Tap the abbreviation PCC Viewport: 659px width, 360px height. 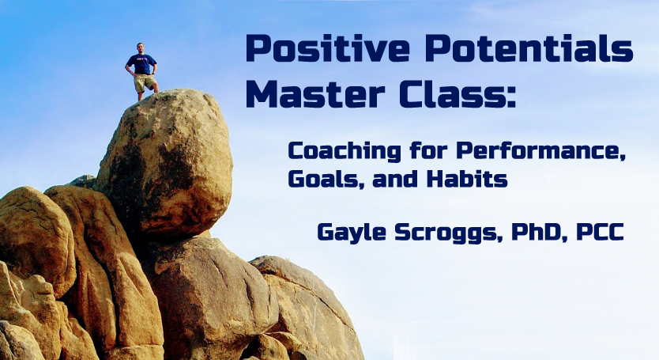[599, 232]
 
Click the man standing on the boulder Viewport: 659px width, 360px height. [141, 71]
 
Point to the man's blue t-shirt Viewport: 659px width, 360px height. [141, 64]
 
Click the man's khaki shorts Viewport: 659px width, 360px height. [144, 83]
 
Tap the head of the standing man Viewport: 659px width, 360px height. [141, 48]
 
